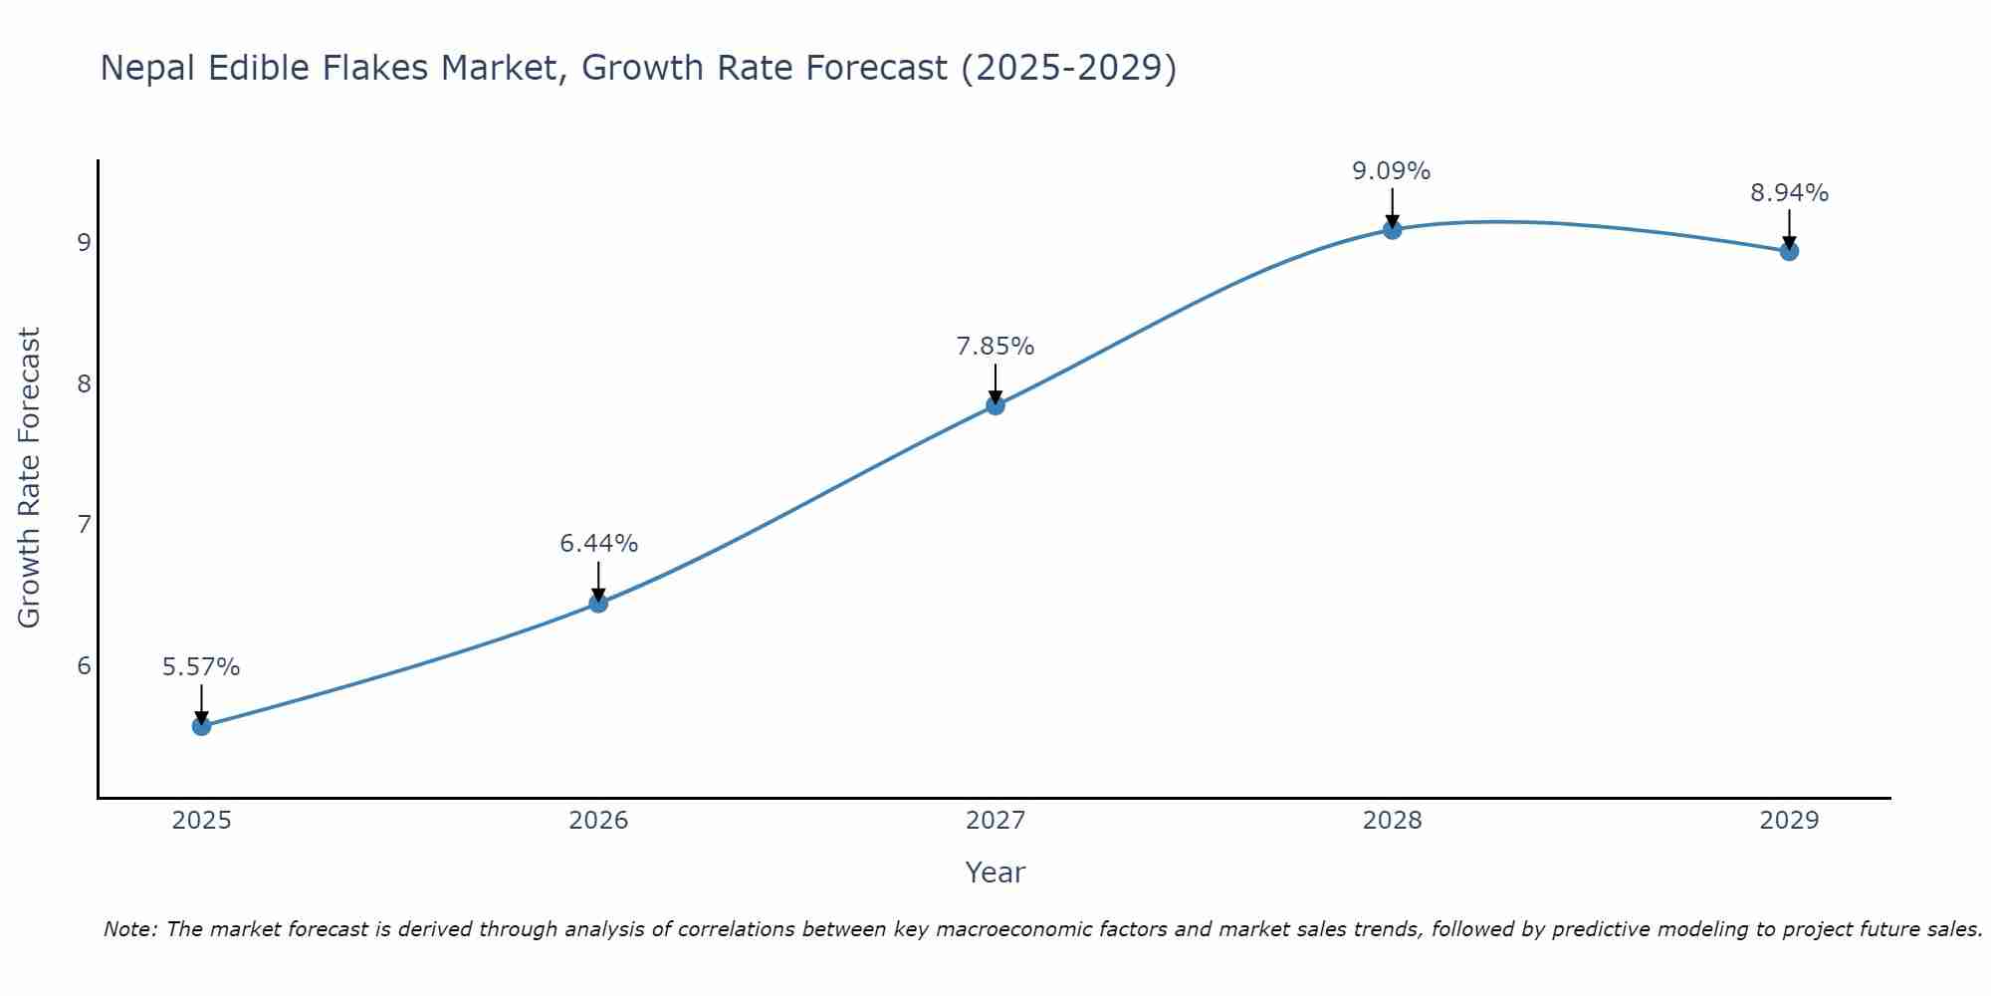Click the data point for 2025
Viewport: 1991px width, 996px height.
201,726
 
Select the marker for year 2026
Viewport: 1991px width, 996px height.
598,603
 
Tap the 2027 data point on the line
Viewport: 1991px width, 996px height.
995,404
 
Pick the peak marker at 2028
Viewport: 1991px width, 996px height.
1392,230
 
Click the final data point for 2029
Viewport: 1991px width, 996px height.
1789,251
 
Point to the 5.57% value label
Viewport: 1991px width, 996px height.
201,667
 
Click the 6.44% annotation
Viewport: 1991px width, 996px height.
598,544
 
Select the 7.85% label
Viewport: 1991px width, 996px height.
995,347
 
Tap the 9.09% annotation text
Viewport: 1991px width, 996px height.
1391,171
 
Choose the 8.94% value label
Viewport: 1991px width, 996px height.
1789,193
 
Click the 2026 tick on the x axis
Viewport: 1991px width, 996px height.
598,821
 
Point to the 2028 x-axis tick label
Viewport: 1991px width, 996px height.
1392,821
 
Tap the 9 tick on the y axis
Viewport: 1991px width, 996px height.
85,242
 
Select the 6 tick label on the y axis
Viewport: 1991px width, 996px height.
85,665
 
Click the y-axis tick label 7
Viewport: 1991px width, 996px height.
85,524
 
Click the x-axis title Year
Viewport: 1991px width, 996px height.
995,872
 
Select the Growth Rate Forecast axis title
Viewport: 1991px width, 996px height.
30,478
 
